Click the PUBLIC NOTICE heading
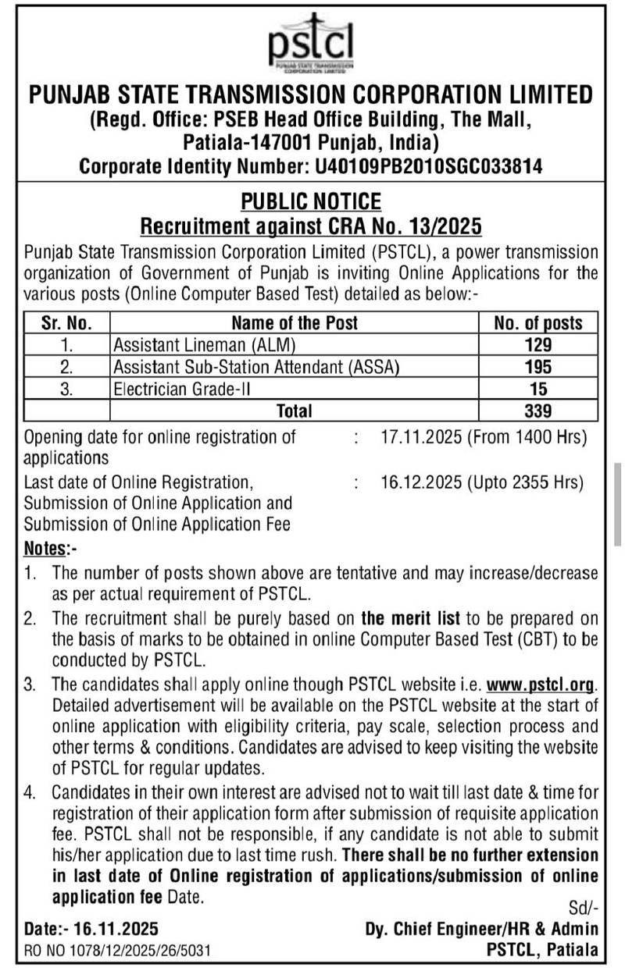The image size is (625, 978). click(310, 201)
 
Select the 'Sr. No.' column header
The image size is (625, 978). click(66, 322)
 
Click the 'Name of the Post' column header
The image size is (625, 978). click(295, 322)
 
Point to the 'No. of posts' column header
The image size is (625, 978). click(538, 322)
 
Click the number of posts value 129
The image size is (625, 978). click(538, 344)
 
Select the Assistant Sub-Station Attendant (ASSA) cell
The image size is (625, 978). click(256, 366)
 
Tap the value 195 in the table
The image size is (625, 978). click(538, 366)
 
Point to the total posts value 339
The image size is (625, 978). click(538, 410)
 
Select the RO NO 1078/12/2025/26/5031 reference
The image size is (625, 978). click(117, 950)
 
